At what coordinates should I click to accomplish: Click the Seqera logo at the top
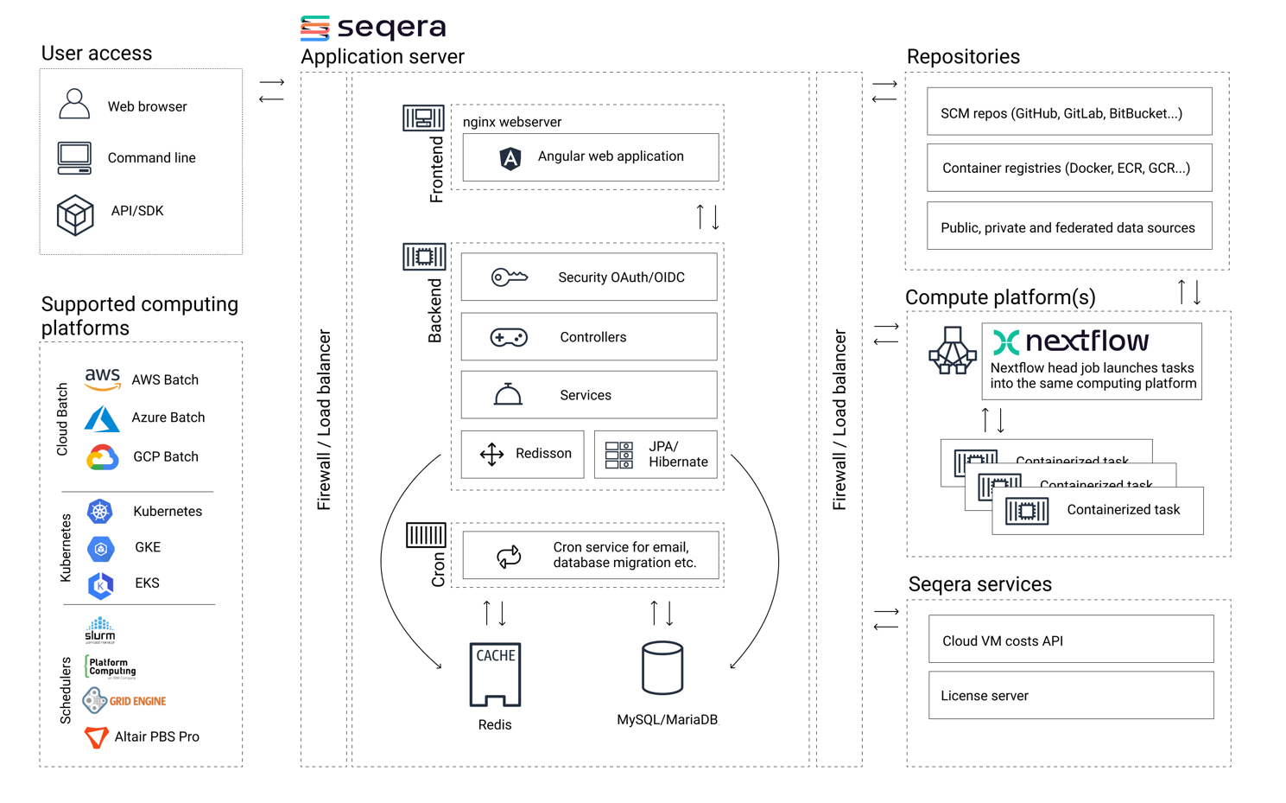[x=373, y=28]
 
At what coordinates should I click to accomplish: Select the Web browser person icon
[x=74, y=105]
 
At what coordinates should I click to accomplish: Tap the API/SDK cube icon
[x=75, y=214]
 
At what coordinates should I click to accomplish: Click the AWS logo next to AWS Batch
[x=103, y=379]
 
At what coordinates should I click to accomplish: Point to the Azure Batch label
[x=168, y=417]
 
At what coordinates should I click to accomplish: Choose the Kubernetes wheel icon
[x=100, y=511]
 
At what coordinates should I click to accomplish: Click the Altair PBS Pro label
[x=156, y=736]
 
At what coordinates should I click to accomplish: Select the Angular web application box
[x=591, y=157]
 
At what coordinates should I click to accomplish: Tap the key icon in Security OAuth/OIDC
[x=509, y=277]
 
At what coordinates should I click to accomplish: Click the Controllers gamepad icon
[x=509, y=337]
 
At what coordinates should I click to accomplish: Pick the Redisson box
[x=523, y=454]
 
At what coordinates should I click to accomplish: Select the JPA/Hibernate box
[x=656, y=454]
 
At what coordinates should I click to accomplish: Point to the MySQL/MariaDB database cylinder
[x=662, y=668]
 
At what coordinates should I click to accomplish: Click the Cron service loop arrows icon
[x=509, y=556]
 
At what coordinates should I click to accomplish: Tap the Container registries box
[x=1069, y=168]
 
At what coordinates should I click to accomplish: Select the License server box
[x=1071, y=696]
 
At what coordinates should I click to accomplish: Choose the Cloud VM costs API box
[x=1071, y=640]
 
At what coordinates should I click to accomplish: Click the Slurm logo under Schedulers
[x=100, y=630]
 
